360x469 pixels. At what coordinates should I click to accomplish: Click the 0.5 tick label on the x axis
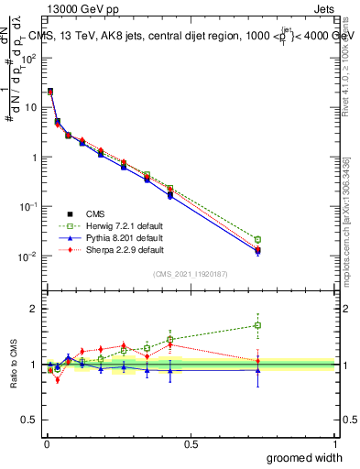pos(191,444)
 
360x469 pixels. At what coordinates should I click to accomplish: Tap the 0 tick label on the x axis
pos(46,444)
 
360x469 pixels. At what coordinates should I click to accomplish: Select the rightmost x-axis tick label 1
pos(334,444)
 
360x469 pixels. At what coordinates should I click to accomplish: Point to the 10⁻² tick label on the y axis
pos(28,256)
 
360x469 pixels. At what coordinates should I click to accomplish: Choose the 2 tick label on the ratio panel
pos(34,309)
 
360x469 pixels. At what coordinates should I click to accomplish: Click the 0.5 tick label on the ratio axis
pos(30,420)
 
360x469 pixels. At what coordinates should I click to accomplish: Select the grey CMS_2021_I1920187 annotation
pos(191,274)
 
